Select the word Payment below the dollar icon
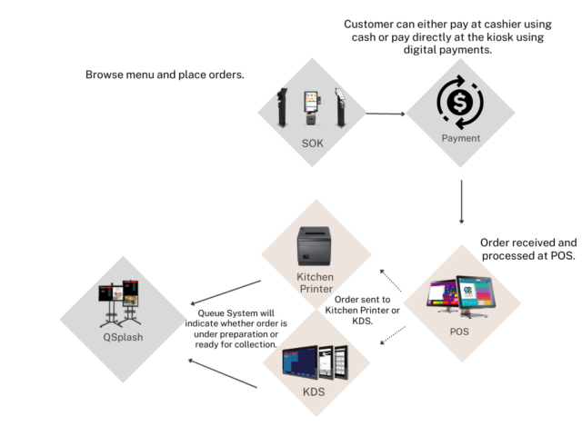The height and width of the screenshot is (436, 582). tap(460, 139)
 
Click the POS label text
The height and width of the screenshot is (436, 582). tap(460, 332)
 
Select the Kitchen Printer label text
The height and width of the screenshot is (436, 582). tap(316, 283)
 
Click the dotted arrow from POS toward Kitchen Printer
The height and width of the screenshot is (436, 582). tap(394, 275)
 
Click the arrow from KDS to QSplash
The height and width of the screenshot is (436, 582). tap(223, 372)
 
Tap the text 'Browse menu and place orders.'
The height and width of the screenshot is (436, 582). tap(165, 74)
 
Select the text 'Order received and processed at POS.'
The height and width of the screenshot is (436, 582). tap(527, 250)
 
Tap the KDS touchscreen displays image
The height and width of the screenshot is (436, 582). tap(315, 361)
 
